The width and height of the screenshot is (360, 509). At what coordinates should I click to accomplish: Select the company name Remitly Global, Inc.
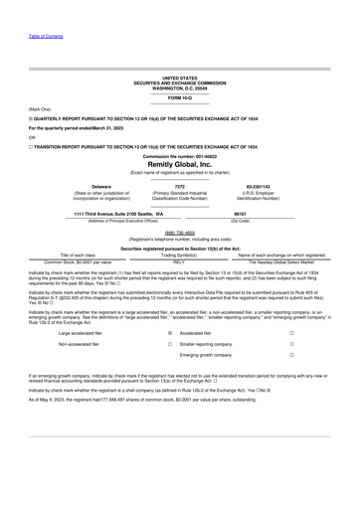(180, 164)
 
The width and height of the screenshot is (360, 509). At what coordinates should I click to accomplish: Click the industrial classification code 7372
(180, 186)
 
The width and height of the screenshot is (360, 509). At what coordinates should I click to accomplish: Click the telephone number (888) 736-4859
(180, 233)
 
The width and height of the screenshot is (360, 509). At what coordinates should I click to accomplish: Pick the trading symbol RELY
(180, 260)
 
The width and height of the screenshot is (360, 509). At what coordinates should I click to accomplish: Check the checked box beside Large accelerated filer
(170, 334)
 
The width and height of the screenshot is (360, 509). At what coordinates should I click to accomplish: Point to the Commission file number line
(180, 155)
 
